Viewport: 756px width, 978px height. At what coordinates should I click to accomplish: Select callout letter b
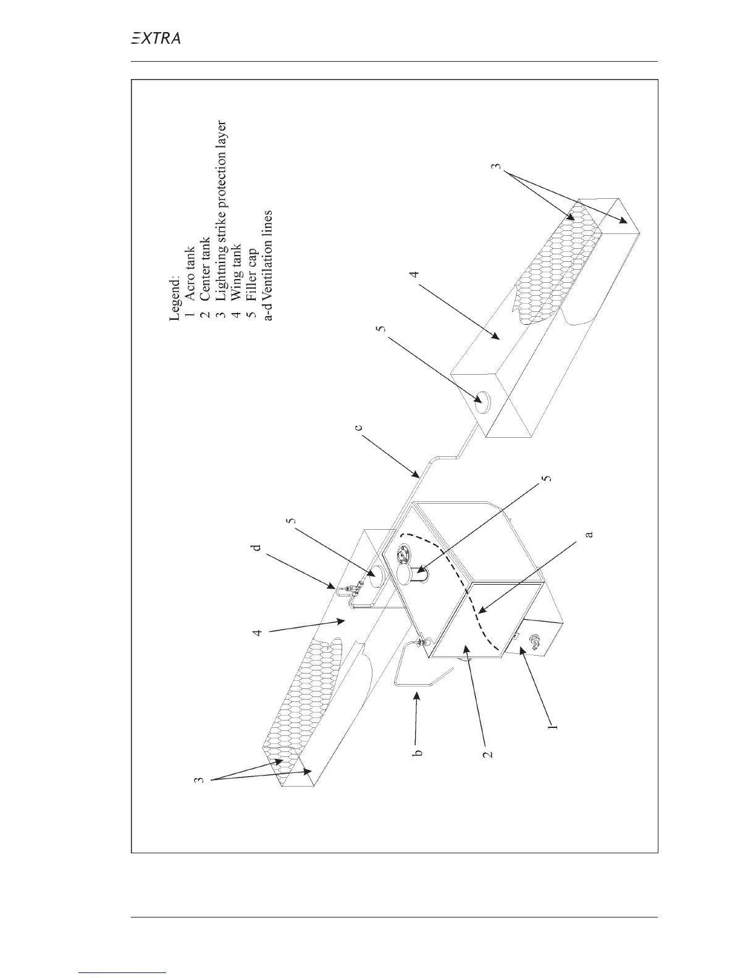[418, 753]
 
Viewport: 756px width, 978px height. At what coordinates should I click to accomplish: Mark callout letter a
[589, 533]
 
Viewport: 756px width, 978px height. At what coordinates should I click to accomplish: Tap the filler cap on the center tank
[407, 574]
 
